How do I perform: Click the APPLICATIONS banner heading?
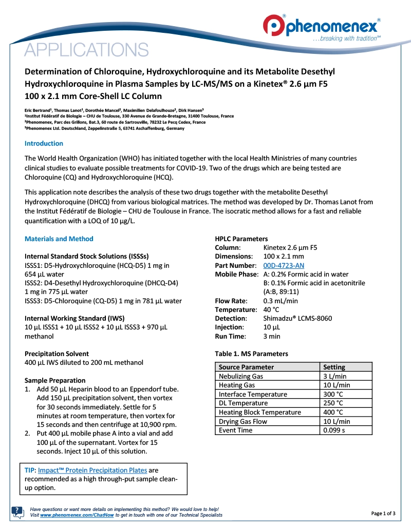pyautogui.click(x=87, y=50)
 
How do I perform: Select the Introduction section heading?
pyautogui.click(x=44, y=144)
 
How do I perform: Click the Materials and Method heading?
pyautogui.click(x=59, y=239)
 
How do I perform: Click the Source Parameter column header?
pyautogui.click(x=247, y=367)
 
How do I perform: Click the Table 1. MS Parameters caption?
pyautogui.click(x=251, y=353)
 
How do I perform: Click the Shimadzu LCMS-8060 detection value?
pyautogui.click(x=294, y=318)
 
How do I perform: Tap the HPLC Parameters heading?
pyautogui.click(x=241, y=239)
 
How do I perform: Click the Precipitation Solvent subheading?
pyautogui.click(x=57, y=353)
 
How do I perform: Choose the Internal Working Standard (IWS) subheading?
pyautogui.click(x=74, y=318)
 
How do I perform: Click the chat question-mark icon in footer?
pyautogui.click(x=17, y=512)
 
